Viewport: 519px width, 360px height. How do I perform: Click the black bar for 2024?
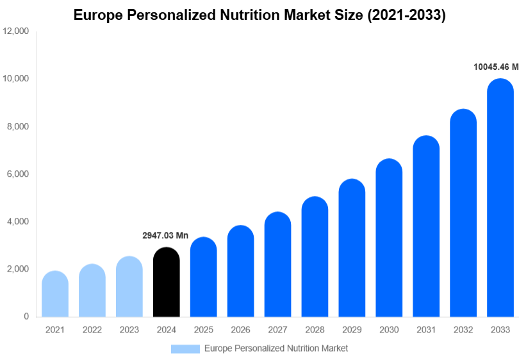coord(167,282)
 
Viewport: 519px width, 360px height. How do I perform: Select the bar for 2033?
coord(500,199)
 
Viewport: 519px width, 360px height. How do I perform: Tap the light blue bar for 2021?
coord(55,294)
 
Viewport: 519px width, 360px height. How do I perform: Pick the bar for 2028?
coord(315,257)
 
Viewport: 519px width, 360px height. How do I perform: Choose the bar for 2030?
coord(389,238)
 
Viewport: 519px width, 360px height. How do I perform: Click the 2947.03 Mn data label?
coord(165,236)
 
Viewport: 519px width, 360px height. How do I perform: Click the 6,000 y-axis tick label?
coord(18,174)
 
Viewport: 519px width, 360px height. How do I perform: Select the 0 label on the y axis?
coord(26,316)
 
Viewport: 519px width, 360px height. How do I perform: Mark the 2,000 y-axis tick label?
coord(18,269)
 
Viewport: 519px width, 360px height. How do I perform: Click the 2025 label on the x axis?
coord(203,330)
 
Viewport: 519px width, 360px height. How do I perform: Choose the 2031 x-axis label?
coord(426,330)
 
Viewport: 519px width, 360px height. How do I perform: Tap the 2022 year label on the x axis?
coord(92,330)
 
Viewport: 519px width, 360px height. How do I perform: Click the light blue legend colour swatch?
coord(185,348)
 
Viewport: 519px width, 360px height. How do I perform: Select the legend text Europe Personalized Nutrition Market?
coord(276,348)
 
